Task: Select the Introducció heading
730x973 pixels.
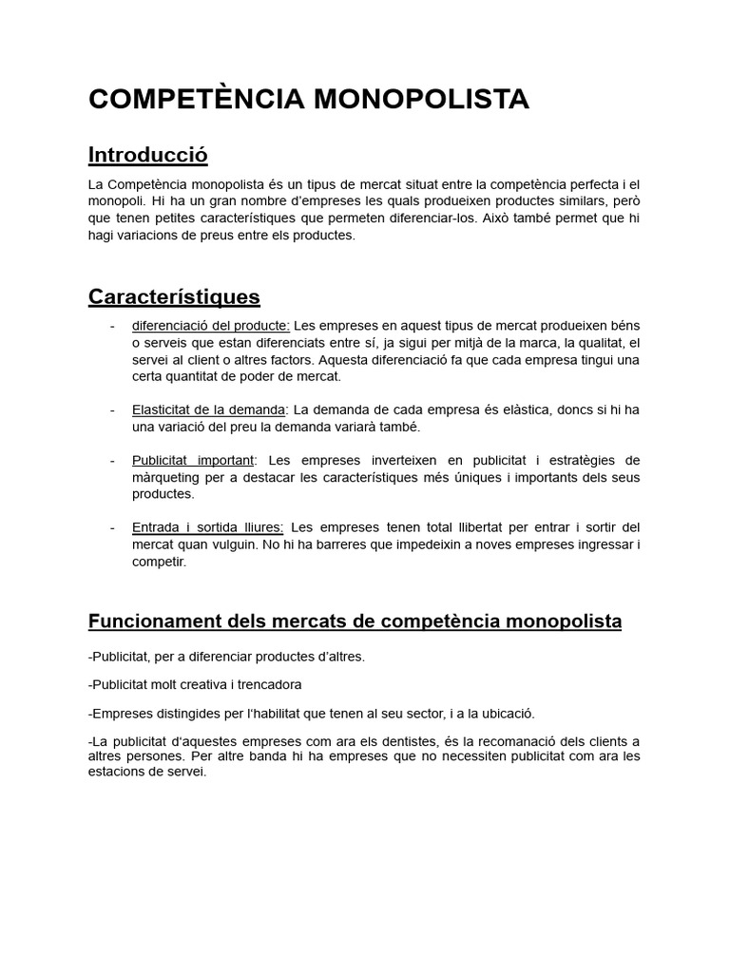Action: coord(147,155)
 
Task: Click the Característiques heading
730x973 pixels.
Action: coord(174,297)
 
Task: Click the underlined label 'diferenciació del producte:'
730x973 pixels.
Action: coord(210,326)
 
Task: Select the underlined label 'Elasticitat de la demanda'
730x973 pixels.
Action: coord(208,410)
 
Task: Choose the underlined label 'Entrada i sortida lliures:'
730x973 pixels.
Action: coord(207,526)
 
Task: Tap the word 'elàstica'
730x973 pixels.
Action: coord(468,410)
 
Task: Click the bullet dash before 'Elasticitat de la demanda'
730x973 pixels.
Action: coord(113,410)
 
